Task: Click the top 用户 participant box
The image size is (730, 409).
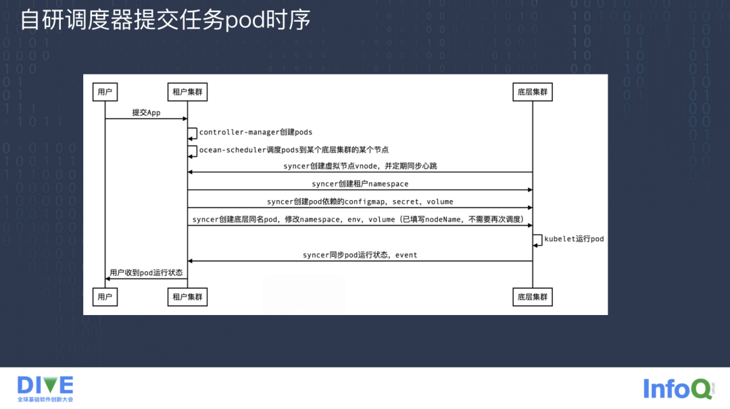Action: click(105, 92)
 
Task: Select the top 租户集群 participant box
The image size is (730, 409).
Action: click(187, 92)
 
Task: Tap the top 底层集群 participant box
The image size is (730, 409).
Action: click(532, 92)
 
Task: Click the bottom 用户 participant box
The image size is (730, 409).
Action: click(105, 296)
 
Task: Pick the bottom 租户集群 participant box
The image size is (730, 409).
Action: click(187, 296)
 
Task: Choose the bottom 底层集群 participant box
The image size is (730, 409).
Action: click(532, 296)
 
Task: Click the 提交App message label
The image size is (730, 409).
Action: click(146, 112)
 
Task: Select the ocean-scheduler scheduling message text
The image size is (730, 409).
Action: click(293, 149)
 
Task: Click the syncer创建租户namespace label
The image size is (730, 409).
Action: click(360, 183)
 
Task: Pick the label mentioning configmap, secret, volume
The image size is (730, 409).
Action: click(360, 201)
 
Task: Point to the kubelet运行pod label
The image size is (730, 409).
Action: click(574, 239)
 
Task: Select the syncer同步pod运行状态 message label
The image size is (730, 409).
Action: click(360, 255)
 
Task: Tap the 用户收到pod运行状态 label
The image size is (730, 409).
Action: click(146, 272)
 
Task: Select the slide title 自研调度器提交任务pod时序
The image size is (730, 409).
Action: click(166, 20)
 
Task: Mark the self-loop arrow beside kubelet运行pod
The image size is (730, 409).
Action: click(537, 239)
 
